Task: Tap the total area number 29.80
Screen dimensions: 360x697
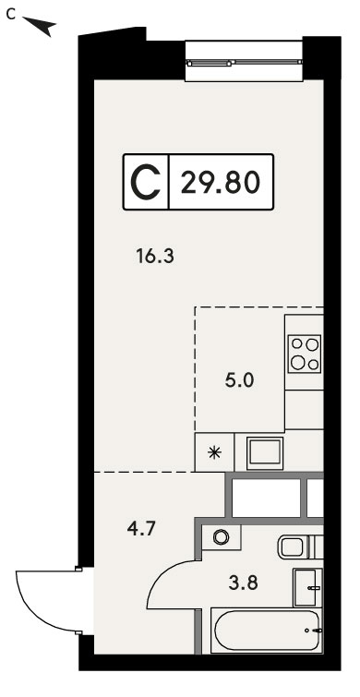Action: [220, 182]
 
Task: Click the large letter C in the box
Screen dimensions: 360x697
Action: [146, 182]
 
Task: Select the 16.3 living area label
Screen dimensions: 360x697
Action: [155, 257]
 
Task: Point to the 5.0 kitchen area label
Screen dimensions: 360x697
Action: [239, 380]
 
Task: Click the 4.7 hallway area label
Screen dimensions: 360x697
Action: [140, 530]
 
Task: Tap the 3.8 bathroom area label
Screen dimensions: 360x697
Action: [243, 583]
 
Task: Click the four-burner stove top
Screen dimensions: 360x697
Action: [305, 354]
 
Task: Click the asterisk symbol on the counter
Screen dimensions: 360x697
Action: [215, 452]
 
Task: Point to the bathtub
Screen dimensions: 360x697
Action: [267, 631]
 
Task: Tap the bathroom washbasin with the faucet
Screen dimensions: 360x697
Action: [307, 587]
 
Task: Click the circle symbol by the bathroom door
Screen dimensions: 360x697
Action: [220, 537]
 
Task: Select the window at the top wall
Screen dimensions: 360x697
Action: [244, 61]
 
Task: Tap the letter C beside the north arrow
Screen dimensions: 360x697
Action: [11, 15]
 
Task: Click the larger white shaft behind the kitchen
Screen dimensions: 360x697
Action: [266, 498]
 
